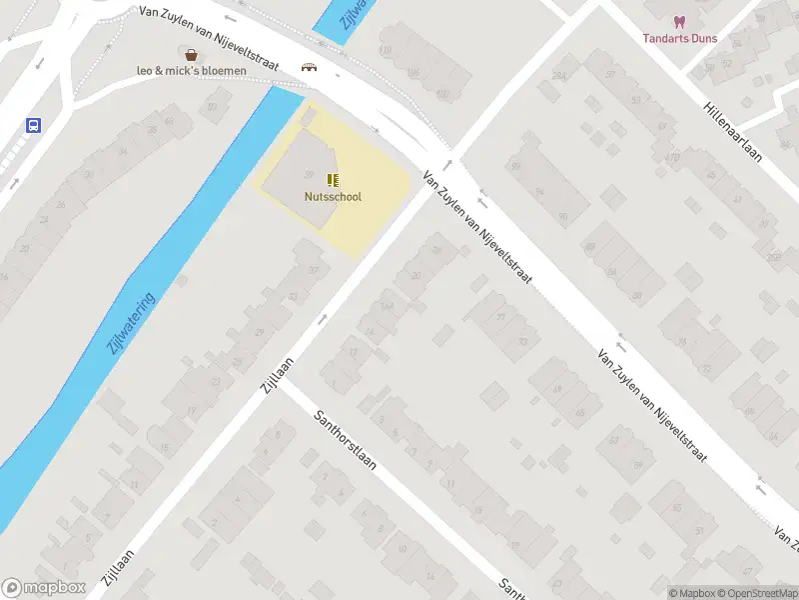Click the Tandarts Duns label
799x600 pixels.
click(679, 38)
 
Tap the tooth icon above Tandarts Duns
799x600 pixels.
click(679, 21)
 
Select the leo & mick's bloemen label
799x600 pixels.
click(192, 71)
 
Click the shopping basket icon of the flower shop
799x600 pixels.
click(191, 54)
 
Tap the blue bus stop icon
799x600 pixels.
click(34, 126)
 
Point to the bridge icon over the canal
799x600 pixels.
click(310, 67)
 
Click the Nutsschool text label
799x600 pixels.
click(333, 196)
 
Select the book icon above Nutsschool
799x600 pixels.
click(333, 180)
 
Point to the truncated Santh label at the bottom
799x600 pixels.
click(511, 588)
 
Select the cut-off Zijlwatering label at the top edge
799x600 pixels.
click(349, 14)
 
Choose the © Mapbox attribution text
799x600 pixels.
click(693, 593)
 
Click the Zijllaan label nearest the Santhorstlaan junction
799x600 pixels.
click(279, 375)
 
